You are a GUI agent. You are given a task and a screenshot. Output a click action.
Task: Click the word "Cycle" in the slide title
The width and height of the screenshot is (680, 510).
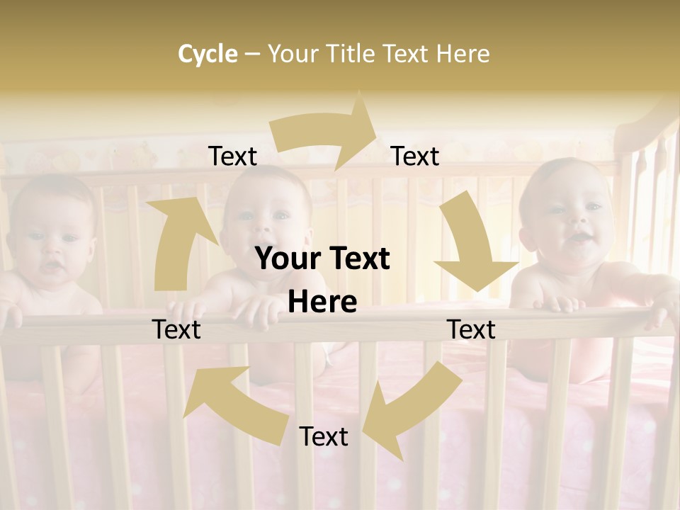point(208,54)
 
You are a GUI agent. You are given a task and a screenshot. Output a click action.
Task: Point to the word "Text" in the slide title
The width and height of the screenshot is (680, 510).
point(407,54)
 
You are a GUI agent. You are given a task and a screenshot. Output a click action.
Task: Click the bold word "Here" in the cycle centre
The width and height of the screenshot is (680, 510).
point(322,302)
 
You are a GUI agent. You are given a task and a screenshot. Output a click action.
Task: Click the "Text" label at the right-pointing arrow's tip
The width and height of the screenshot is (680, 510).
point(415,156)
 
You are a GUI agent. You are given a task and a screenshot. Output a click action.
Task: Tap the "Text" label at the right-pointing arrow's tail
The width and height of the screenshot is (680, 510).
point(233,156)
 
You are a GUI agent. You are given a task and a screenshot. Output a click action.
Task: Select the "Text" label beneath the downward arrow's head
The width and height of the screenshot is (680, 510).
point(471,329)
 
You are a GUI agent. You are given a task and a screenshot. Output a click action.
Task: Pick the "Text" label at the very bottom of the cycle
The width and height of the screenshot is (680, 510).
point(324,436)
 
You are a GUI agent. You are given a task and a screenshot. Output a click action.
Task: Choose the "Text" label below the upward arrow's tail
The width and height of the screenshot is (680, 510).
point(176,329)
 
